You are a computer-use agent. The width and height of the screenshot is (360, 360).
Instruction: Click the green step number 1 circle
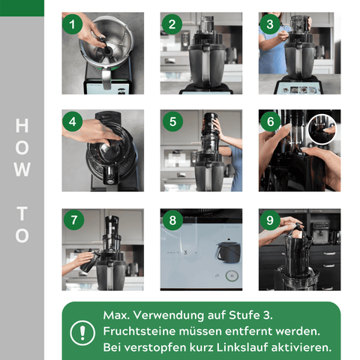(72, 24)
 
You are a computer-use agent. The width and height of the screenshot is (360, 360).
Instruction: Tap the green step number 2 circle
(171, 24)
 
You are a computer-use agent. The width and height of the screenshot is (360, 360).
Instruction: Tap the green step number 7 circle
(72, 220)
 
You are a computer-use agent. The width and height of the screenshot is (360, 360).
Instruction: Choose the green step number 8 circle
(171, 220)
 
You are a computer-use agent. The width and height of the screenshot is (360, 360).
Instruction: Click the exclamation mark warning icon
(78, 331)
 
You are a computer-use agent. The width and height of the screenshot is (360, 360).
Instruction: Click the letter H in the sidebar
(22, 124)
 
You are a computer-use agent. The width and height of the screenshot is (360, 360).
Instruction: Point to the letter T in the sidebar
(22, 212)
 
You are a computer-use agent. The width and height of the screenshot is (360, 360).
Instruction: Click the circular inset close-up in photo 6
(322, 128)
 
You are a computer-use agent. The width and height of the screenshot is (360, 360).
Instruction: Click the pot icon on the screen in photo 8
(225, 251)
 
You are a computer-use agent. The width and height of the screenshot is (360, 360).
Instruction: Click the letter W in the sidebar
(22, 170)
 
